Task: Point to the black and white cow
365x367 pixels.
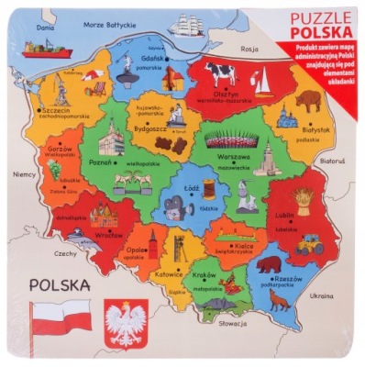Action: (220, 73)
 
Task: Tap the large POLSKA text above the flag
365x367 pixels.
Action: (59, 285)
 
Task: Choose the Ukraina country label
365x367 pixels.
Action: (322, 296)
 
